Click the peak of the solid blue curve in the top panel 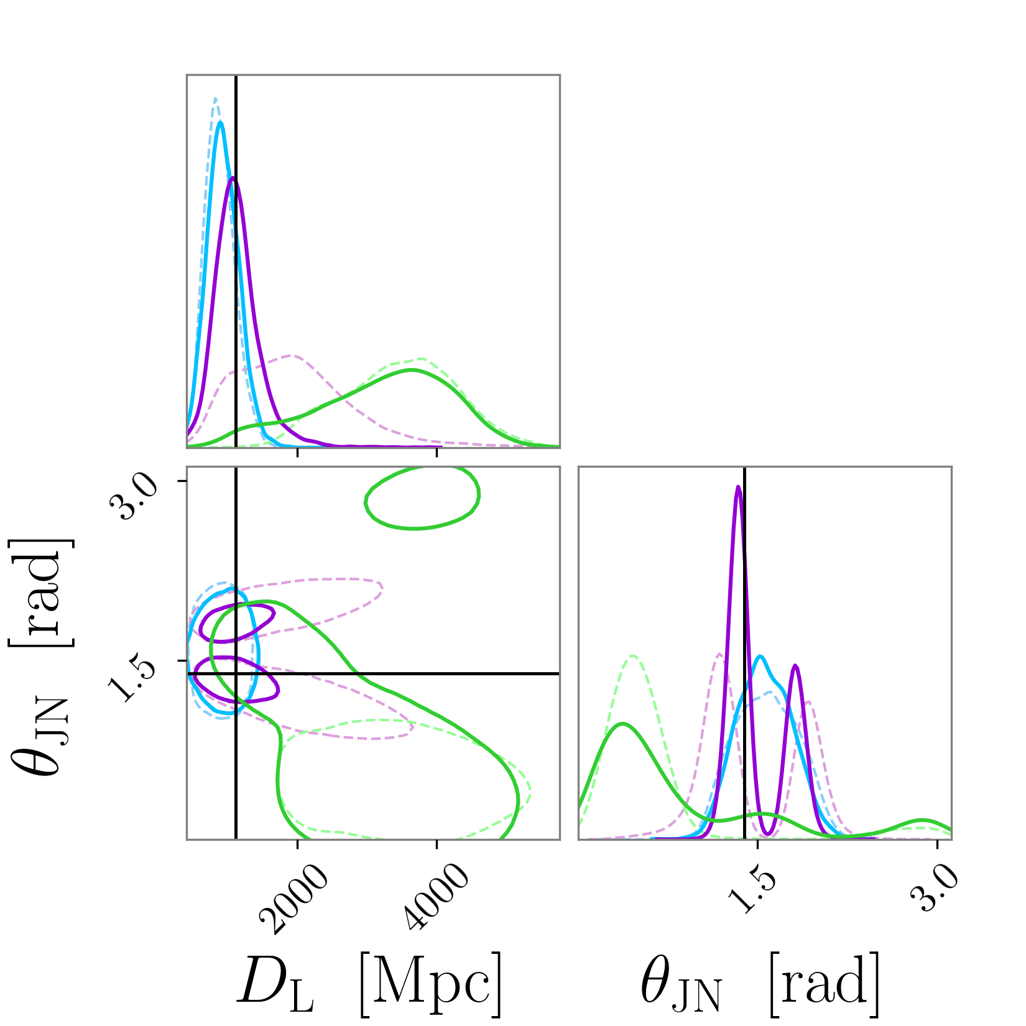tap(220, 122)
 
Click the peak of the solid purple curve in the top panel tap(233, 178)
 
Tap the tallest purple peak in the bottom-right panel tap(738, 487)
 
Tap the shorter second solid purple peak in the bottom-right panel tap(795, 666)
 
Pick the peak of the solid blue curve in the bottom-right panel tap(760, 657)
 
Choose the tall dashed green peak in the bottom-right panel tap(632, 655)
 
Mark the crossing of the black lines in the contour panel tap(236, 673)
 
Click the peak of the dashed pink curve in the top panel tap(291, 356)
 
